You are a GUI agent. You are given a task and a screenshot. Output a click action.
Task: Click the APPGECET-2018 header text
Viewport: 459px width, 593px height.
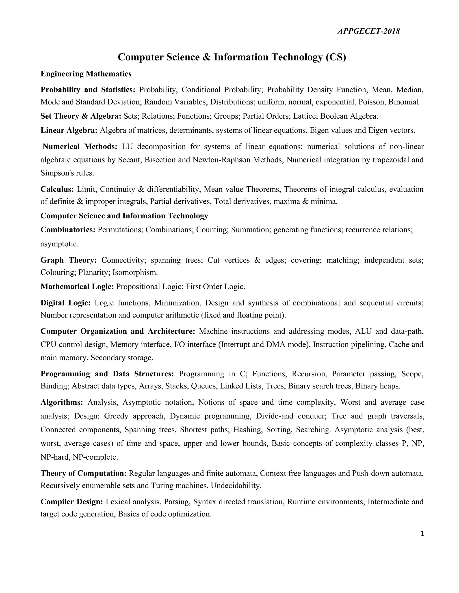coord(368,32)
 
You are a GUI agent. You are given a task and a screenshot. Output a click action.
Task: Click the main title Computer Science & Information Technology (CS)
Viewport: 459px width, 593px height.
coord(232,57)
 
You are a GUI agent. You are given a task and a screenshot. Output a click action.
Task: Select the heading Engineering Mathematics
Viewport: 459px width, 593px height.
coord(86,74)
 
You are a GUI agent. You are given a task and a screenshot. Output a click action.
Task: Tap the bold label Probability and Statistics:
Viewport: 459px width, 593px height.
coord(88,90)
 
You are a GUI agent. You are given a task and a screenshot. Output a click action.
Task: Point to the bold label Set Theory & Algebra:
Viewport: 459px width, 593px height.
coord(81,116)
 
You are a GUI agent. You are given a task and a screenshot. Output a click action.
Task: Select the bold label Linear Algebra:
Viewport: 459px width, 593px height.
coord(69,130)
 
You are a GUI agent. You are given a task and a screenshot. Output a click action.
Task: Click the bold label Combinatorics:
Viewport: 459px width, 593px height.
coord(68,230)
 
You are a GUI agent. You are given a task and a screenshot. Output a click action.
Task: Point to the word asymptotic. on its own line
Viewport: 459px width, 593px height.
coord(59,244)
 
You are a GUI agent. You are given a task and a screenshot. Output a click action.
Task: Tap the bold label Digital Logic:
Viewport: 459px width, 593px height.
coord(65,303)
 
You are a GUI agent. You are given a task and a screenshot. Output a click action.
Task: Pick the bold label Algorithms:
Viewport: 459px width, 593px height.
coord(62,402)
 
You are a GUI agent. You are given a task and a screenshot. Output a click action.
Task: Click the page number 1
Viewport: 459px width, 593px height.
coord(422,534)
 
